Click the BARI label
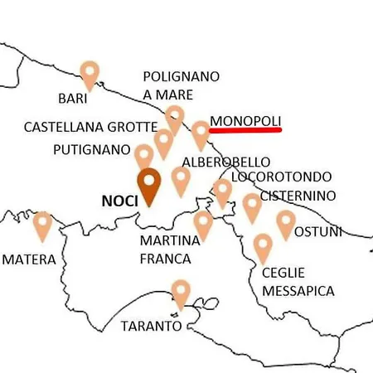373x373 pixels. (x=73, y=99)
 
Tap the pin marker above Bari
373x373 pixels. (x=90, y=73)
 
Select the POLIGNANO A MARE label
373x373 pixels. (x=182, y=85)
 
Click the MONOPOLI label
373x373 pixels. (x=245, y=120)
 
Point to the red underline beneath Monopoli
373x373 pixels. (x=245, y=130)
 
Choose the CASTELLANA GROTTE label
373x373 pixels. (x=90, y=128)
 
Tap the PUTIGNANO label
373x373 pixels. (x=91, y=150)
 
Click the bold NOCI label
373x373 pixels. (x=119, y=201)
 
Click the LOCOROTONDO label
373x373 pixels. (x=282, y=177)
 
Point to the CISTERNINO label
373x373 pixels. (x=298, y=196)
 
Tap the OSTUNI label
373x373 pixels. (x=317, y=231)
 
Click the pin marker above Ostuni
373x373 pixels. (x=286, y=221)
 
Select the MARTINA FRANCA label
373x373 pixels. (x=171, y=249)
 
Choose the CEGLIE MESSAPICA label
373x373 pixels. (x=298, y=282)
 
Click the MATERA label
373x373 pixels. (x=29, y=259)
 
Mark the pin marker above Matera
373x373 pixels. (x=42, y=223)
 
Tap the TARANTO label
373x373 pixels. (x=151, y=326)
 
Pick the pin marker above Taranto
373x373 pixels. (x=181, y=293)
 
